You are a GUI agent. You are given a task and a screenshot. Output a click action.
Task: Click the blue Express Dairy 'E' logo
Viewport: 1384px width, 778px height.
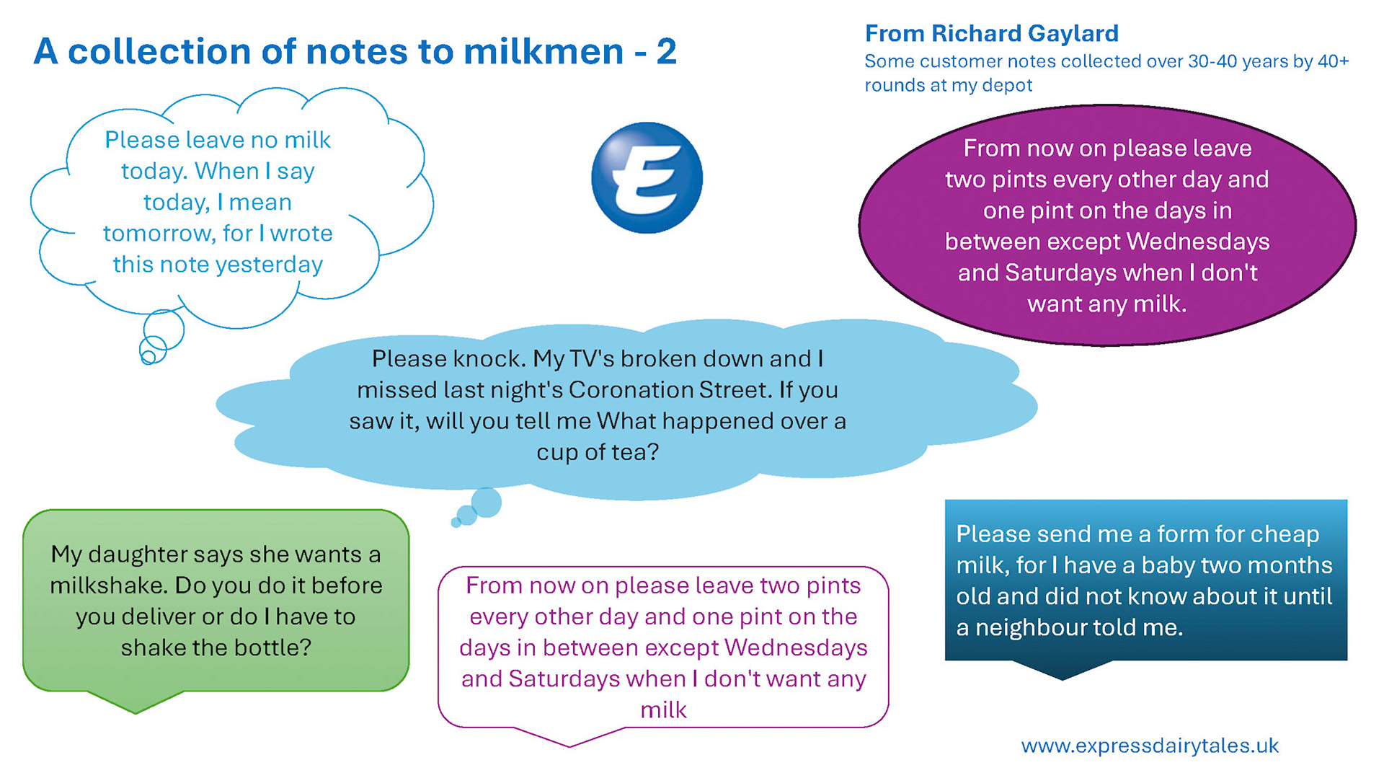pos(647,177)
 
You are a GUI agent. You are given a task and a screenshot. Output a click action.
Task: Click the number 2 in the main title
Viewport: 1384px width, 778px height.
pos(666,52)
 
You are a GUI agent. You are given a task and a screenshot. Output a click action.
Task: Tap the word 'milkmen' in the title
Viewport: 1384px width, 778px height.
pos(544,52)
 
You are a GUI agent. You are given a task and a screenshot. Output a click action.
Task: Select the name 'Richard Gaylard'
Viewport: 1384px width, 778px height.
pos(1024,33)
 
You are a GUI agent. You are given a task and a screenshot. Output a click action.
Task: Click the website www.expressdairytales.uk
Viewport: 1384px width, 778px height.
pos(1150,746)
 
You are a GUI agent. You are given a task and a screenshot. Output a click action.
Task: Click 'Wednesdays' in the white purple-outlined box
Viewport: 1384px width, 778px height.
pos(795,647)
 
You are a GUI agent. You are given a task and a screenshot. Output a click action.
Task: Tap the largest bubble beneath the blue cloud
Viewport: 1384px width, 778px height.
pos(487,503)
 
